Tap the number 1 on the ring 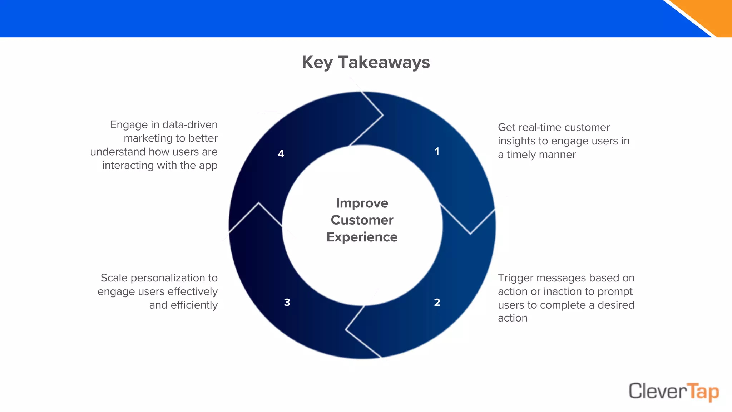click(x=437, y=151)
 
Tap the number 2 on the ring click(x=437, y=303)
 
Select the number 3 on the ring click(x=287, y=303)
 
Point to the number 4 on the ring click(x=281, y=154)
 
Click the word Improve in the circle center click(x=362, y=203)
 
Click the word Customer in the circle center click(x=362, y=220)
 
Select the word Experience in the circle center click(x=362, y=237)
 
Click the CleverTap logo click(x=673, y=391)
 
